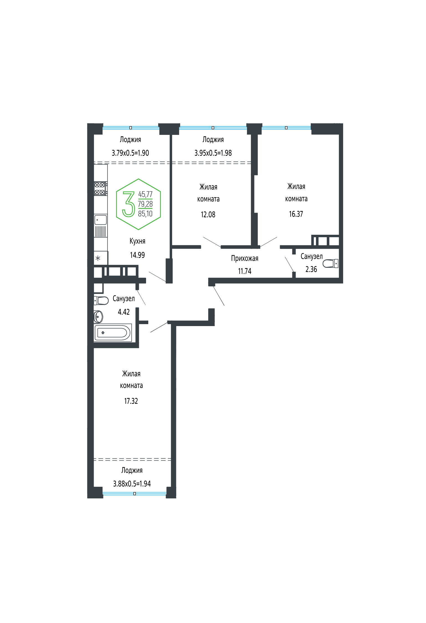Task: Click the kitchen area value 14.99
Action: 137,255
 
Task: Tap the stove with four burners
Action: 101,188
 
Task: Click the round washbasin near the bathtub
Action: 98,317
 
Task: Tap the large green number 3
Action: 128,204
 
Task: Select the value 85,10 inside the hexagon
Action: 145,214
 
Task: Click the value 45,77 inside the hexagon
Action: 145,194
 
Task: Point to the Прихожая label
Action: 245,259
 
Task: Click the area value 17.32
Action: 131,401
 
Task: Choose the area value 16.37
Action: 296,214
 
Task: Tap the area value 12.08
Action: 208,215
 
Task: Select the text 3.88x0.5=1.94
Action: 132,484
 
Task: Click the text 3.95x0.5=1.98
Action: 213,153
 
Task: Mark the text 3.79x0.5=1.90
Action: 130,153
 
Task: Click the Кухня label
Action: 137,241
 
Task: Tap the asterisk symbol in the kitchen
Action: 98,258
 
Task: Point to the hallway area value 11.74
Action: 245,271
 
